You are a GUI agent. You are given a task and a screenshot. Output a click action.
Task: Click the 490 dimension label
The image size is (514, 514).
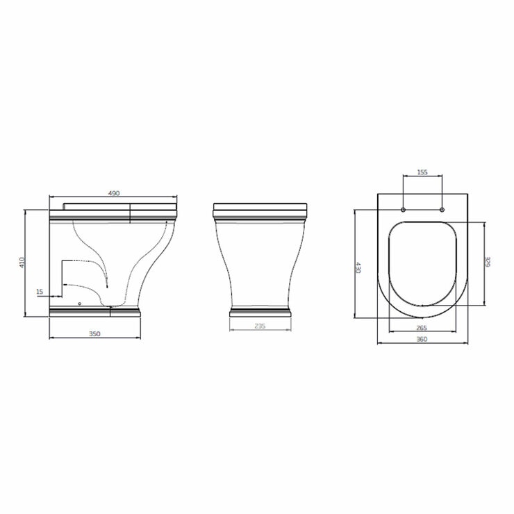114,193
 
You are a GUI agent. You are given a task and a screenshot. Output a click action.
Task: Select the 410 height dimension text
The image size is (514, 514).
22,263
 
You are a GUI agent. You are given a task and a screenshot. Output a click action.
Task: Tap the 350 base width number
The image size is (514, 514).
94,333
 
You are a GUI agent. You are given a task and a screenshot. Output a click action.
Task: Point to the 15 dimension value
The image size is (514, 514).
40,292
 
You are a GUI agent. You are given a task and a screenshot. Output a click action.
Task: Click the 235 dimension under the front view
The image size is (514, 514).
260,326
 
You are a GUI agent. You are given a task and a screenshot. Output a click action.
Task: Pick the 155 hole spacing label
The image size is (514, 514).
422,172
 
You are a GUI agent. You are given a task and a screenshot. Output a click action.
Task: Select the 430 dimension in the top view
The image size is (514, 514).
359,267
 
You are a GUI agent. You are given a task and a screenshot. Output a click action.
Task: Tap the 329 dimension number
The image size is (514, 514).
488,262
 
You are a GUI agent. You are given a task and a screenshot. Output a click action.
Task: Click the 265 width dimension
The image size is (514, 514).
422,327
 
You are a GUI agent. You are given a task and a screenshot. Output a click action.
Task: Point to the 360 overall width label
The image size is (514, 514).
422,339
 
